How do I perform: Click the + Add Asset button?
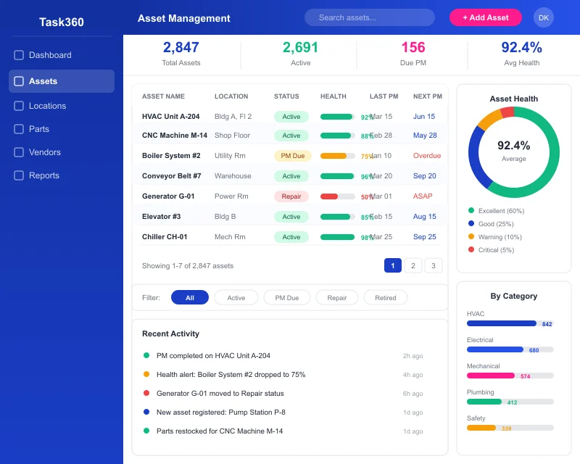485,17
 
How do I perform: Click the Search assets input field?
369,17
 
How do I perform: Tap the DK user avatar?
543,17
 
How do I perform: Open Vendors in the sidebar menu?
44,152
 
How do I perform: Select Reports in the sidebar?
43,175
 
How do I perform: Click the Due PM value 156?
413,48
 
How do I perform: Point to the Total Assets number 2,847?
181,48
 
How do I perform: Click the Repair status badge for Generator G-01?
291,196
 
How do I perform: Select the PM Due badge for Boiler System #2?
292,156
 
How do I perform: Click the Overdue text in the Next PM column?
426,156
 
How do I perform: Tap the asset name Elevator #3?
161,217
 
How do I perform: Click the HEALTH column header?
333,96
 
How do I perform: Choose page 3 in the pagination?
434,265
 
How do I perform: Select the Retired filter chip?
385,298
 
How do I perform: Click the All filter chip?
189,298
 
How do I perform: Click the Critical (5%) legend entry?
496,250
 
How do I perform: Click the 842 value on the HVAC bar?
547,324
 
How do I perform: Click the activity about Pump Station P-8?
220,413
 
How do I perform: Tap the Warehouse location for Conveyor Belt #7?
233,176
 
